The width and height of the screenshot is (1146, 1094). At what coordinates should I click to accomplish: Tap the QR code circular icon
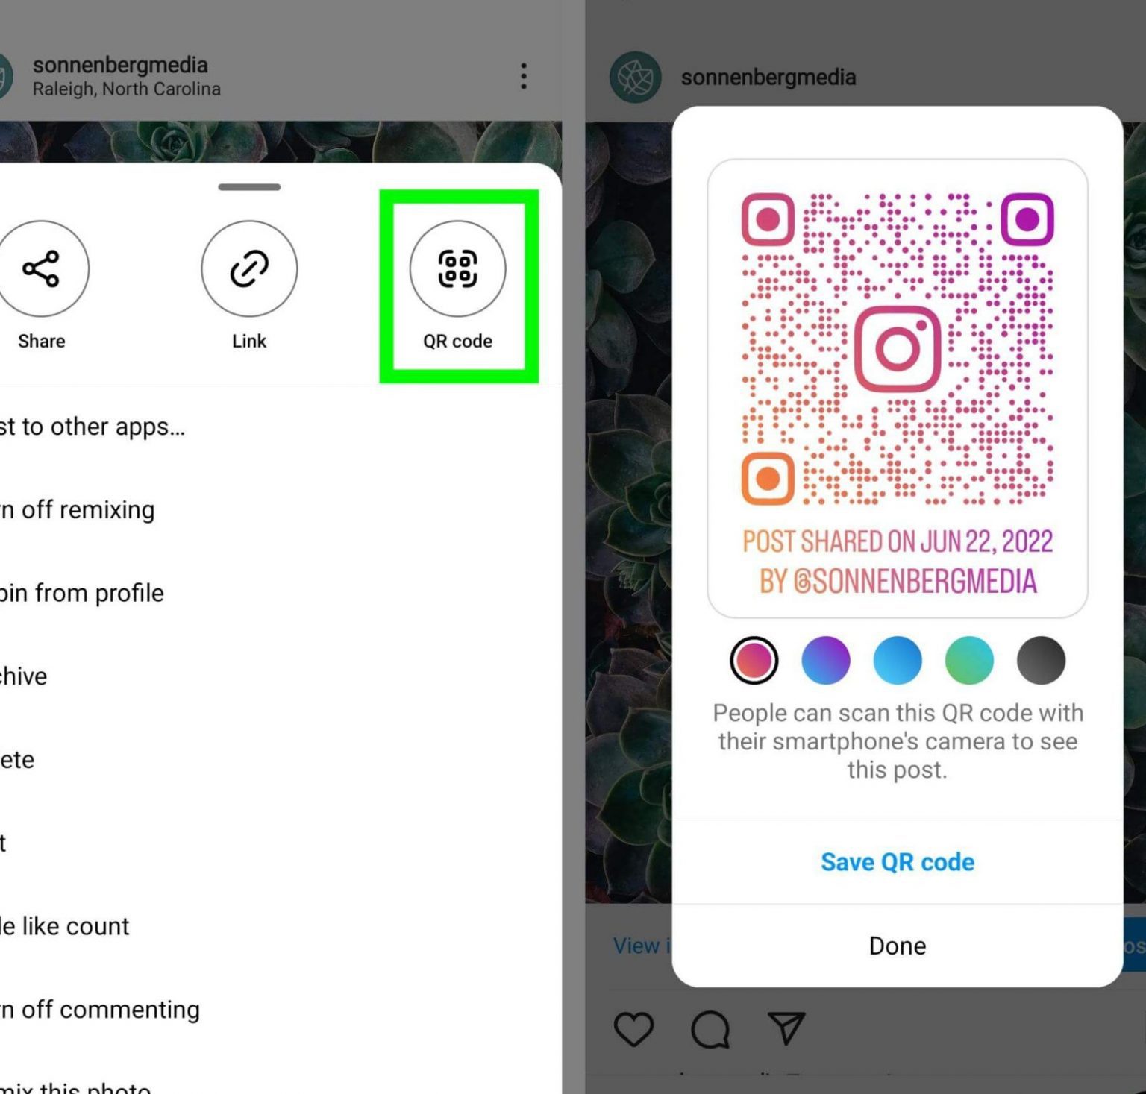coord(457,268)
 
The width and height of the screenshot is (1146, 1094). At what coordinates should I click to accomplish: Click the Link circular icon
coord(249,268)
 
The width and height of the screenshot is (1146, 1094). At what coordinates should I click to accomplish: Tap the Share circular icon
coord(42,268)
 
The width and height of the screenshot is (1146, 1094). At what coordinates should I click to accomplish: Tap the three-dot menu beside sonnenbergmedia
coord(524,76)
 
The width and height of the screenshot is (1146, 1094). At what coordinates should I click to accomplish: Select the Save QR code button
coord(897,862)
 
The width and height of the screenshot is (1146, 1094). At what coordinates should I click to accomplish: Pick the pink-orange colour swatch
coord(754,660)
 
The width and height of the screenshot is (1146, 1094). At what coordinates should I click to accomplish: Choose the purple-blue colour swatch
coord(825,660)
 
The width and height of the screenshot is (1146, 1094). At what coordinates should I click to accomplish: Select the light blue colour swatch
coord(897,660)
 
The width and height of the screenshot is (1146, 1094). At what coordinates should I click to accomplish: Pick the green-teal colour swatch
coord(968,660)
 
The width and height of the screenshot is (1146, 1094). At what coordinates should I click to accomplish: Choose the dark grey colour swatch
coord(1040,660)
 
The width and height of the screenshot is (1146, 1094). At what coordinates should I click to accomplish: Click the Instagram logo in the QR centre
coord(897,348)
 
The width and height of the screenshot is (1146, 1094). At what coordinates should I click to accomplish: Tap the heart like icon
coord(633,1029)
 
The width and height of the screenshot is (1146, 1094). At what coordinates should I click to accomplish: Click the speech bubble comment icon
coord(710,1029)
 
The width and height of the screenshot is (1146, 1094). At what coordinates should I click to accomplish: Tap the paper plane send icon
coord(786,1028)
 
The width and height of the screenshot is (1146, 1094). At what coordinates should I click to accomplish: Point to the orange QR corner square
coord(768,478)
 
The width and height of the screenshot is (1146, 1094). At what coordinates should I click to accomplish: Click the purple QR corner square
coord(1027,219)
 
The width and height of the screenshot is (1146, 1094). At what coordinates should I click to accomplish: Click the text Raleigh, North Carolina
coord(127,89)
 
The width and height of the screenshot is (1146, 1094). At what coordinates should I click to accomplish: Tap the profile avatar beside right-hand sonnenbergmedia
coord(635,77)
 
